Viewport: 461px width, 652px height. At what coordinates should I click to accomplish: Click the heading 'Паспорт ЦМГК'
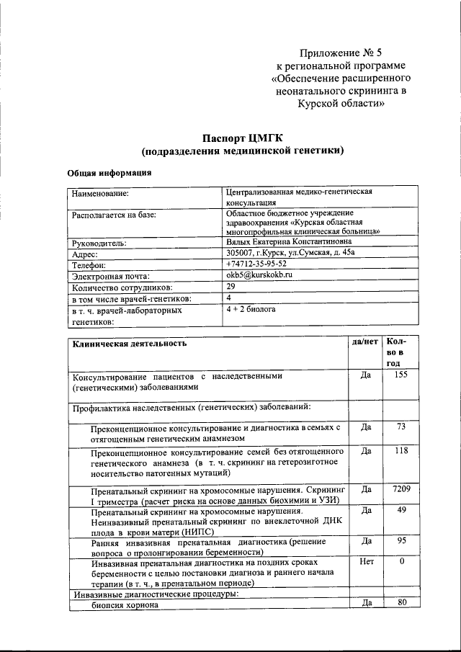tap(241, 138)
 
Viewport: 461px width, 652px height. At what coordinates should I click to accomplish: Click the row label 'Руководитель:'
tap(99, 244)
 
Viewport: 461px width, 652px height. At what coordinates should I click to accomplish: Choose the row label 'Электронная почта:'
tap(110, 276)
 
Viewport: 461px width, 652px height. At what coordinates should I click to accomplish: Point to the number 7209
tap(401, 489)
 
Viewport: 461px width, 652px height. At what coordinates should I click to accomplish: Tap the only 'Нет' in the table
tap(365, 560)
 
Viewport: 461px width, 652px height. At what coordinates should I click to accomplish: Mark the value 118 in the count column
tap(401, 450)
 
